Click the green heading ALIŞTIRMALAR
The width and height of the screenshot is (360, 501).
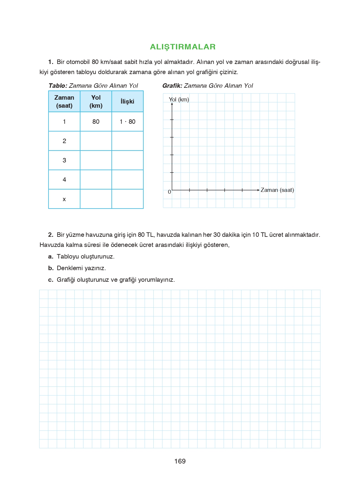(x=183, y=47)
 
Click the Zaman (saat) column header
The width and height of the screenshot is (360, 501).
(x=64, y=101)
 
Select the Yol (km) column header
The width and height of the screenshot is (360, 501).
(x=96, y=101)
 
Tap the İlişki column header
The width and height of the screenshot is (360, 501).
(x=127, y=101)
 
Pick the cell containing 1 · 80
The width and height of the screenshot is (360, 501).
(x=127, y=122)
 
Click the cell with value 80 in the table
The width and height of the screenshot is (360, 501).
(x=96, y=122)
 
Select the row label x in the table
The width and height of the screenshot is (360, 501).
(x=64, y=199)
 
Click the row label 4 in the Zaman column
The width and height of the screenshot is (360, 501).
(x=64, y=180)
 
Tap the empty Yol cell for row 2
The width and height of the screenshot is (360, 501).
(x=96, y=141)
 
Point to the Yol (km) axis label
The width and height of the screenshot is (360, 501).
(x=179, y=99)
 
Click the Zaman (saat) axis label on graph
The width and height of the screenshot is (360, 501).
(x=277, y=190)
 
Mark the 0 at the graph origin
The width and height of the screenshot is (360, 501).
(x=169, y=192)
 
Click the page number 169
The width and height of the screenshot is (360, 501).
(x=180, y=461)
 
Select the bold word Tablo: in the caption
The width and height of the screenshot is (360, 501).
(x=58, y=86)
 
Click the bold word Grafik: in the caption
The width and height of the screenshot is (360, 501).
(x=172, y=86)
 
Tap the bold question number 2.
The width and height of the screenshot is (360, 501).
(x=51, y=235)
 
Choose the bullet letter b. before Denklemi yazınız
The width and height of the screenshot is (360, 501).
(x=51, y=268)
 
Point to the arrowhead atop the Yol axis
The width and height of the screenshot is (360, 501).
(x=172, y=104)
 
